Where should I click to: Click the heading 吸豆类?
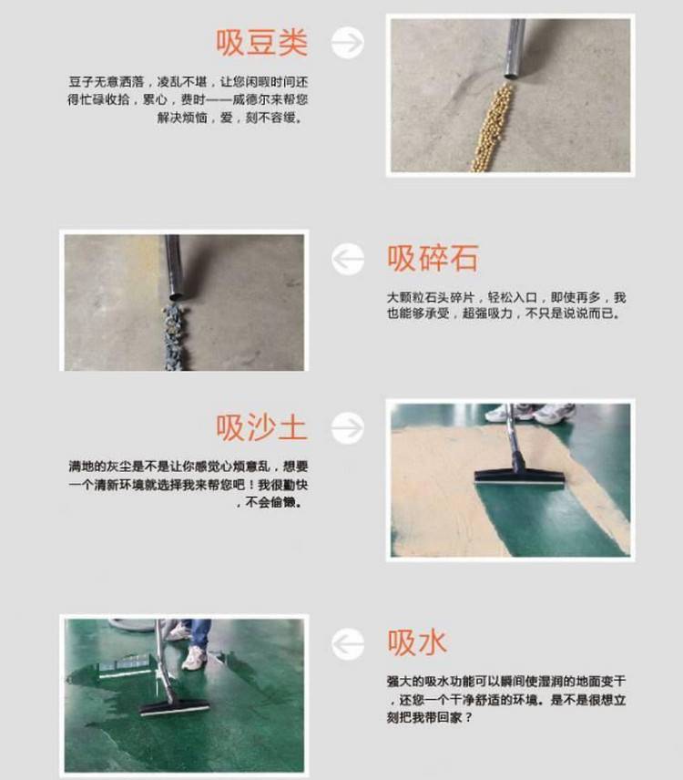click(261, 42)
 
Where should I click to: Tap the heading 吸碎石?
click(433, 258)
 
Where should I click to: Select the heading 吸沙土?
click(261, 427)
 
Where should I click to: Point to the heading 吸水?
click(416, 642)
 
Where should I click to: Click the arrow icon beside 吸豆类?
click(348, 42)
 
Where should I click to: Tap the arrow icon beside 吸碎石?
click(348, 259)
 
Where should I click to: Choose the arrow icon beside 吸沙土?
click(348, 427)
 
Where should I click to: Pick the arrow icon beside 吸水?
click(348, 643)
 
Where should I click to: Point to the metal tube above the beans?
click(515, 48)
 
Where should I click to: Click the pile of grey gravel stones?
click(175, 337)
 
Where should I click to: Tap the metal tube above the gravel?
click(174, 267)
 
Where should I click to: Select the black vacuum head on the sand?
click(519, 477)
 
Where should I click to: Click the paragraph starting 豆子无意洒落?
click(188, 99)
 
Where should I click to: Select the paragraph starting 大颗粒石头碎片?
click(506, 305)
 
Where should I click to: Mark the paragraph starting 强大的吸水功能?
click(506, 700)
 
